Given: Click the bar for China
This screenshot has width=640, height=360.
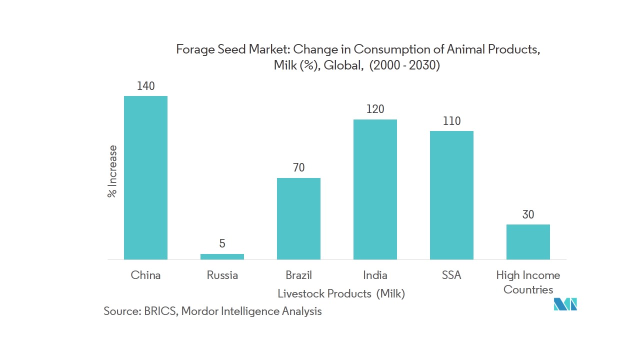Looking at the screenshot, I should (x=145, y=177).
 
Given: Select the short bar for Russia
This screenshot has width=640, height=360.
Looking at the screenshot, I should (x=222, y=256).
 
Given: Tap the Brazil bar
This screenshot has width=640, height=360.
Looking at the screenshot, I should (x=298, y=218).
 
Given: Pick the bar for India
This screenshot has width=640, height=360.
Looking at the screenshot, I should (x=375, y=189).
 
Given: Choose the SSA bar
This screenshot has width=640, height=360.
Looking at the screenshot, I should (x=451, y=195).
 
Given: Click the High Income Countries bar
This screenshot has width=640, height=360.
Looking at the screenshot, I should (x=528, y=242).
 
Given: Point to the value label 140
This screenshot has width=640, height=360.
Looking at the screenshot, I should (x=145, y=86).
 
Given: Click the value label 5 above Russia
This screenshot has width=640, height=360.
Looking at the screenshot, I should (x=222, y=243).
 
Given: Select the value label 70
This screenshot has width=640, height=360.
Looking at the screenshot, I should (x=298, y=167).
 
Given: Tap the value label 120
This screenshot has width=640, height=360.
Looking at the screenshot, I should (x=375, y=109).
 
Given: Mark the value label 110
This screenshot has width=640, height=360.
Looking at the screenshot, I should (x=451, y=121).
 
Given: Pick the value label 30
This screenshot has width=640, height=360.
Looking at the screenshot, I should (x=528, y=214).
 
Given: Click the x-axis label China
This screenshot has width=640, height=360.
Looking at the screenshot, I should (x=145, y=275).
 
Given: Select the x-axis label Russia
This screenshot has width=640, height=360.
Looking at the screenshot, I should (x=222, y=275).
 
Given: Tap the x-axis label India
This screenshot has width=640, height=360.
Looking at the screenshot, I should (x=375, y=275).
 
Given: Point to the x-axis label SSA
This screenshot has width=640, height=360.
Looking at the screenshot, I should (x=451, y=275).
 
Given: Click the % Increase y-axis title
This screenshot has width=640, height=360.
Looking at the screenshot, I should (x=112, y=171).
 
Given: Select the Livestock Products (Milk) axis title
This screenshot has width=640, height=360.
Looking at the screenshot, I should (x=341, y=293).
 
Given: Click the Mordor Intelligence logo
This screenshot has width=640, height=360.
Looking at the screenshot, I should (x=565, y=304).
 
